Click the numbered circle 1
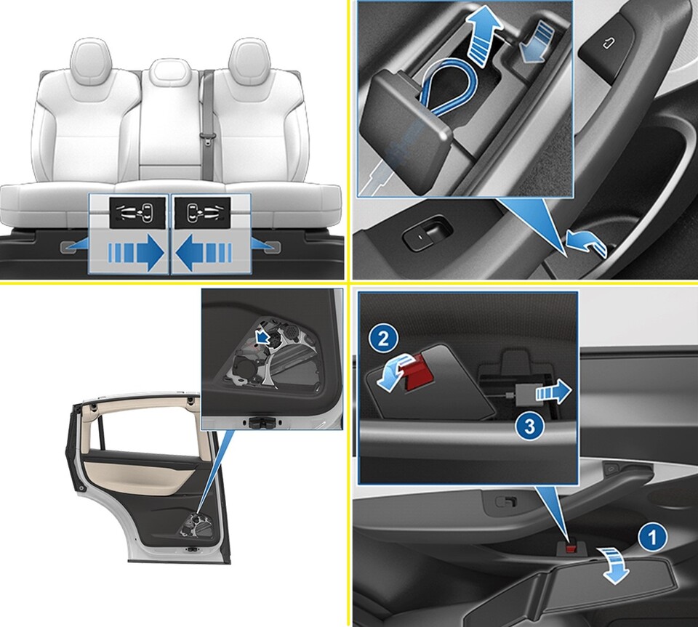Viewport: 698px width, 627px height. pos(652,538)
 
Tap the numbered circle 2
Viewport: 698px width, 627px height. pos(383,340)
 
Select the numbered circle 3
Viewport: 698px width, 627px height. pos(530,426)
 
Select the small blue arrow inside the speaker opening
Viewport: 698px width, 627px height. pos(264,336)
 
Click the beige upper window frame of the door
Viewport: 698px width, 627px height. pos(142,408)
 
